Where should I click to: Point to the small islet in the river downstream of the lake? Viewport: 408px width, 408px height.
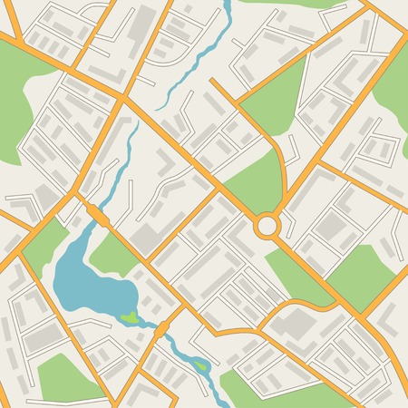point(201,366)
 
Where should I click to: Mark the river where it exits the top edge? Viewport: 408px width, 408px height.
point(227,7)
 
